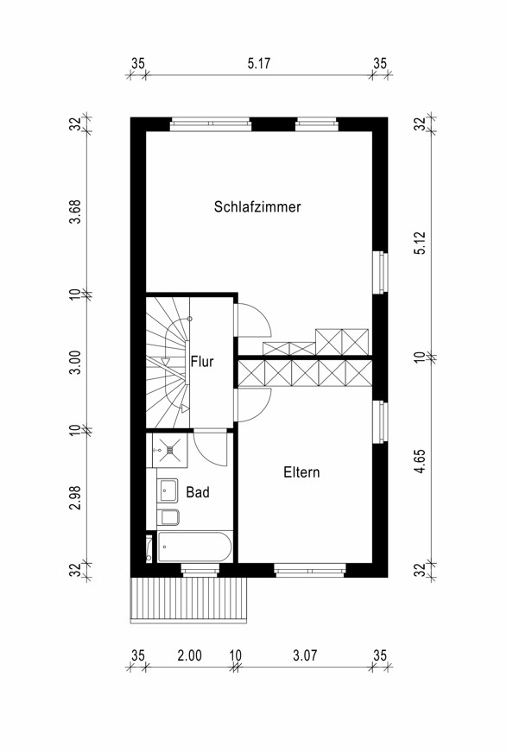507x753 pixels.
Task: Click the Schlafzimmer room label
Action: [257, 207]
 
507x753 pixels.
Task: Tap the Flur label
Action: [201, 361]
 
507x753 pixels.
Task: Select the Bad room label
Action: [198, 492]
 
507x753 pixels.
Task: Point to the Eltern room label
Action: [301, 472]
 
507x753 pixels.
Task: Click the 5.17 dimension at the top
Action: [259, 63]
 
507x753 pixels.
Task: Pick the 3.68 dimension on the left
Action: [75, 212]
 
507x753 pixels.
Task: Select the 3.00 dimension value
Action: [75, 363]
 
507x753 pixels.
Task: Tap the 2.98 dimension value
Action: [75, 497]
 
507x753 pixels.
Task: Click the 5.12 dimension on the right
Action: [421, 243]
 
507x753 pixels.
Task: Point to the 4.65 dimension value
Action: [421, 461]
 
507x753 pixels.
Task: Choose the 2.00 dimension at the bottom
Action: [190, 655]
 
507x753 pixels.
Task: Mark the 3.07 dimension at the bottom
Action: [305, 655]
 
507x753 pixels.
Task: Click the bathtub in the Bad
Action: [194, 546]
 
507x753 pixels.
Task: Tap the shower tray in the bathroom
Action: [169, 450]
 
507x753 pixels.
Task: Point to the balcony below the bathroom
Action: [188, 600]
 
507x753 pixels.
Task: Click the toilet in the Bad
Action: [170, 517]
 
